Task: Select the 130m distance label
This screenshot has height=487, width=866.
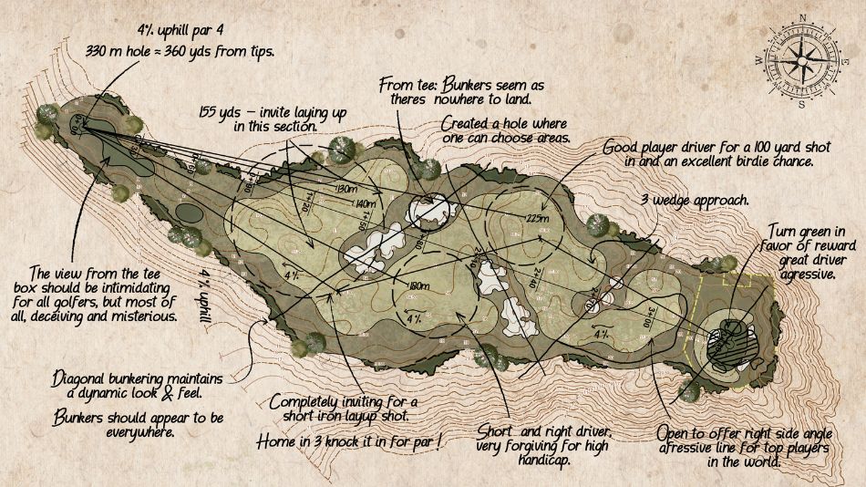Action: coord(345,189)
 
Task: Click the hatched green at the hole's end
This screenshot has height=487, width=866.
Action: coord(729,343)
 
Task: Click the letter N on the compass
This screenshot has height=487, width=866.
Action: coord(802,17)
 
